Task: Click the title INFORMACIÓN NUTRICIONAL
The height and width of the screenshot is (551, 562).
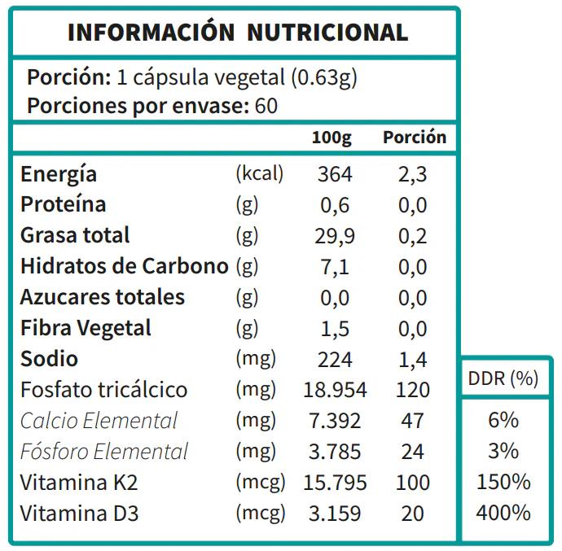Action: point(237,33)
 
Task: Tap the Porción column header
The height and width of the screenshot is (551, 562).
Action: point(415,138)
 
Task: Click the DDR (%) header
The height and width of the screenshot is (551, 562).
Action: point(503,379)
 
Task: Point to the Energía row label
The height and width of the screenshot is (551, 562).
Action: point(59,174)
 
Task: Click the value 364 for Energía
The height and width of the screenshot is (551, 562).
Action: point(335,174)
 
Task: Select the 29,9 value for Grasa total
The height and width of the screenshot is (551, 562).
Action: point(335,236)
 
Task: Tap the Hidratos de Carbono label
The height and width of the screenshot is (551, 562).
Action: point(124,266)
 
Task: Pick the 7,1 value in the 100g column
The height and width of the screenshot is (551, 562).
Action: point(335,267)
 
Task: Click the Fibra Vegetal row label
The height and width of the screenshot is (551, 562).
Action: point(86,328)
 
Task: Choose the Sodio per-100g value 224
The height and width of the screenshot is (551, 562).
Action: point(335,359)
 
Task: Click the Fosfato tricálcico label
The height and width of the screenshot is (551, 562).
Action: point(103,390)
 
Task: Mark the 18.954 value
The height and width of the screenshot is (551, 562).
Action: point(335,390)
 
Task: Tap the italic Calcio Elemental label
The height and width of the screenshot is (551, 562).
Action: point(99,421)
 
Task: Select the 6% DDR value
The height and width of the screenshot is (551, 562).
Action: point(503,420)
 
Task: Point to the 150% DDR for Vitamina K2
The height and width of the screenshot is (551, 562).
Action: point(503,482)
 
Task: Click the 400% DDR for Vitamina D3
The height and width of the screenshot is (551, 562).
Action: point(503,513)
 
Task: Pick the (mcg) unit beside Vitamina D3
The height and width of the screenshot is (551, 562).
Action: point(260,514)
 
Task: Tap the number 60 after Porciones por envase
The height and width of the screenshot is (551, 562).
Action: point(266,107)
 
